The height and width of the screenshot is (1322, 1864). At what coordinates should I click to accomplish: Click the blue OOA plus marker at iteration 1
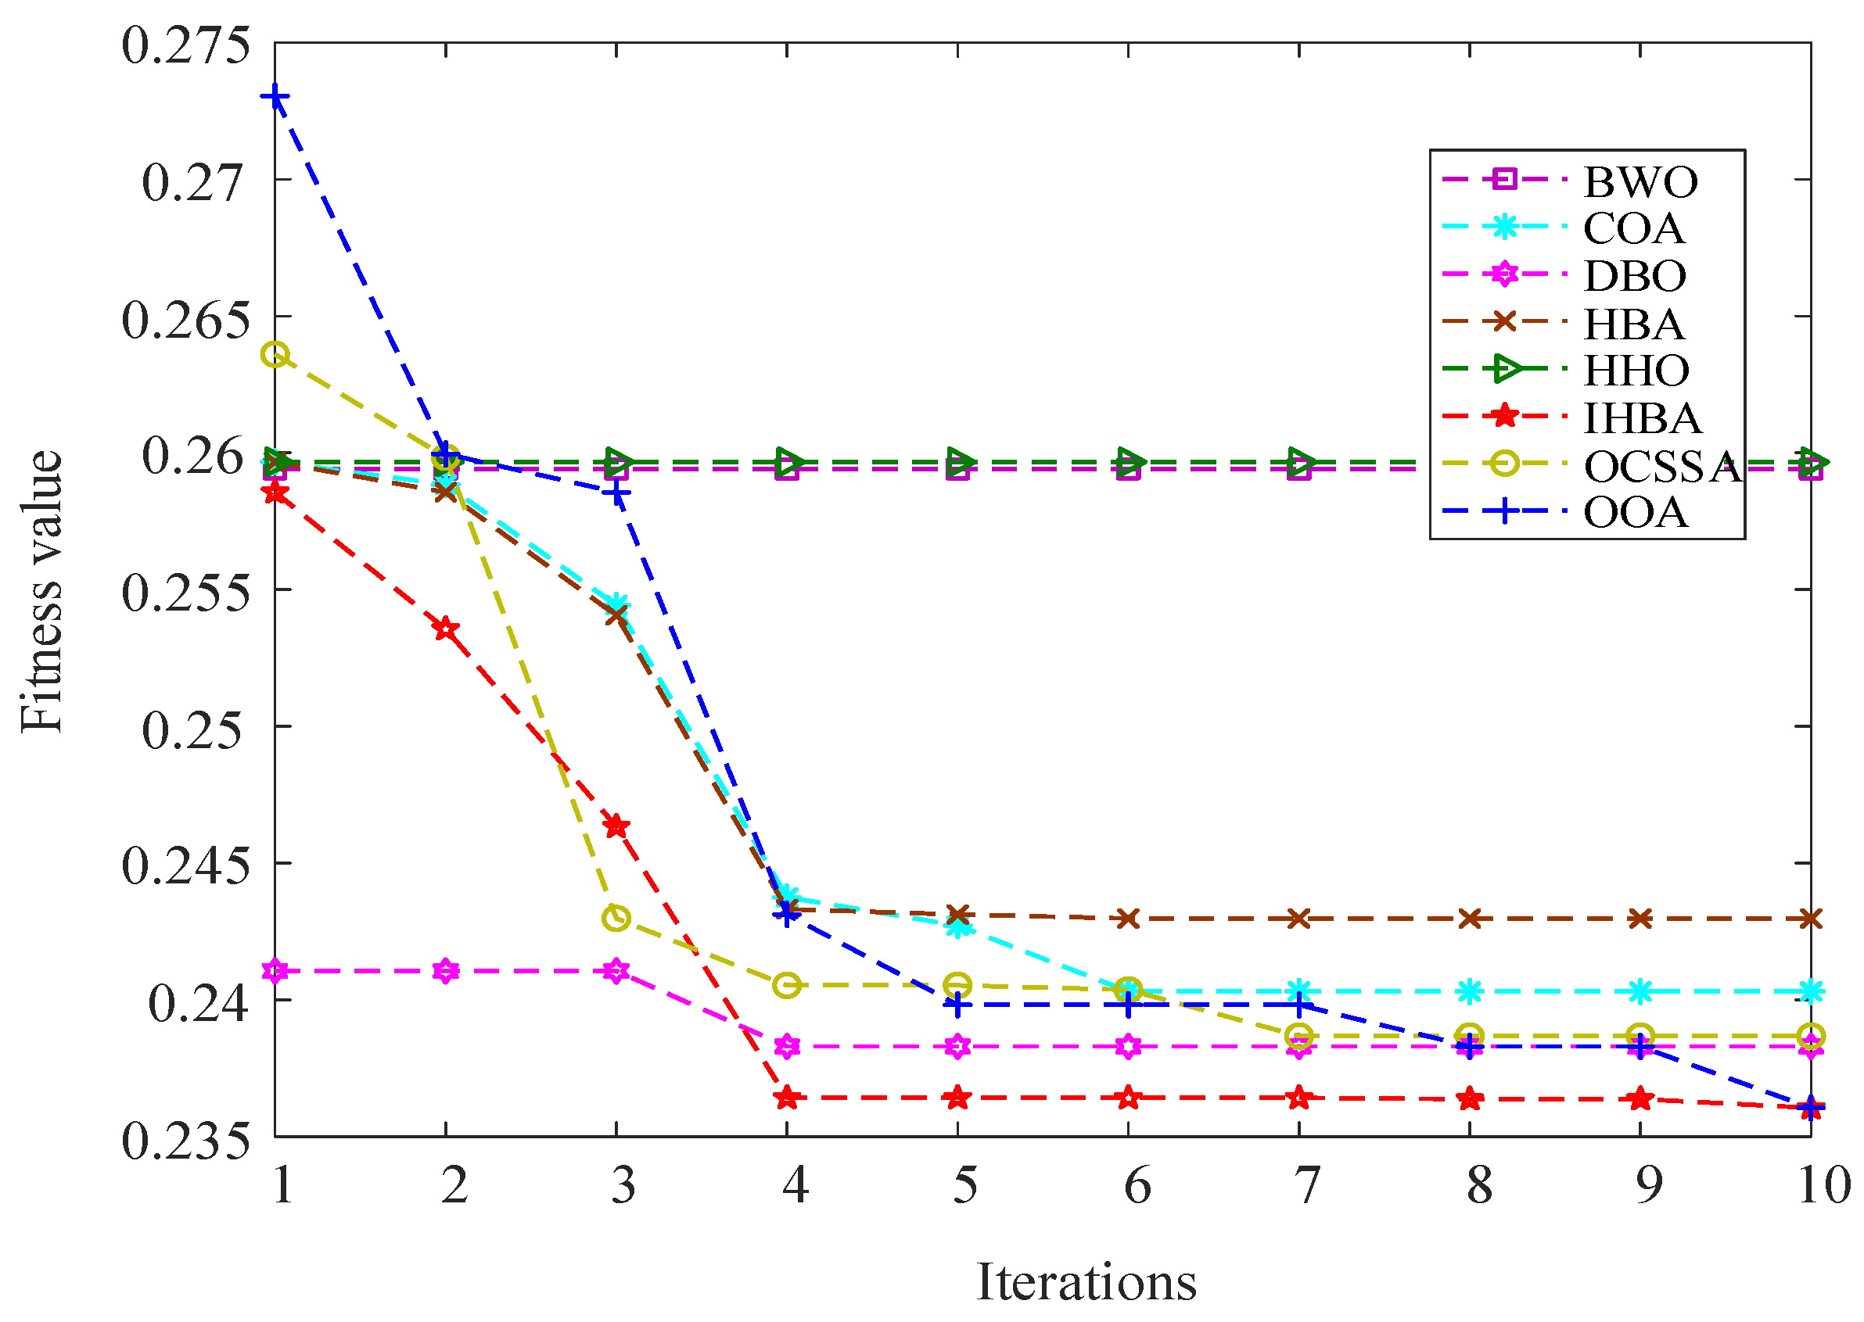(275, 97)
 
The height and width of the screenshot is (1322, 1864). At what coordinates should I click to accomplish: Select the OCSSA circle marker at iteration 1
(275, 355)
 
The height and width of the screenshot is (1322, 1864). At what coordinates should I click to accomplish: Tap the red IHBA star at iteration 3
(616, 827)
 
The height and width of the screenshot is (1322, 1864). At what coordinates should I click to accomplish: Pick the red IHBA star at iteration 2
(445, 629)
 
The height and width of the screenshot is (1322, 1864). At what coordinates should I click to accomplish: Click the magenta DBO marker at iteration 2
(445, 971)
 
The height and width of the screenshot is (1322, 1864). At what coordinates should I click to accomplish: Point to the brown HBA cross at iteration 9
(1640, 919)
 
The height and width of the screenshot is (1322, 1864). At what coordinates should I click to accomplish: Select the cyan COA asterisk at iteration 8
(1470, 991)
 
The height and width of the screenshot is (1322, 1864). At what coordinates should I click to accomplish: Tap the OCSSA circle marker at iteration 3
(616, 919)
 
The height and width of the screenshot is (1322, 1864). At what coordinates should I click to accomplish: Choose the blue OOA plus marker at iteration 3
(616, 493)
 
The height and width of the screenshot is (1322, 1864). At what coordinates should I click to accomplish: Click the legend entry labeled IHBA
(1642, 418)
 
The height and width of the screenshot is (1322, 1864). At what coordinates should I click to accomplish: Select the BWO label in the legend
(1640, 181)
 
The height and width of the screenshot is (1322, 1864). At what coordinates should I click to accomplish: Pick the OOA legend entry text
(1635, 513)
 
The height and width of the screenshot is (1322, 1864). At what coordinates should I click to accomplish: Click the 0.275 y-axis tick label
(185, 45)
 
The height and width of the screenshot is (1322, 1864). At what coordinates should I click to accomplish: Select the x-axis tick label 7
(1306, 1185)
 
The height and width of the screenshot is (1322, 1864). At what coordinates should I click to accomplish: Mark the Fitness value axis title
(41, 591)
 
